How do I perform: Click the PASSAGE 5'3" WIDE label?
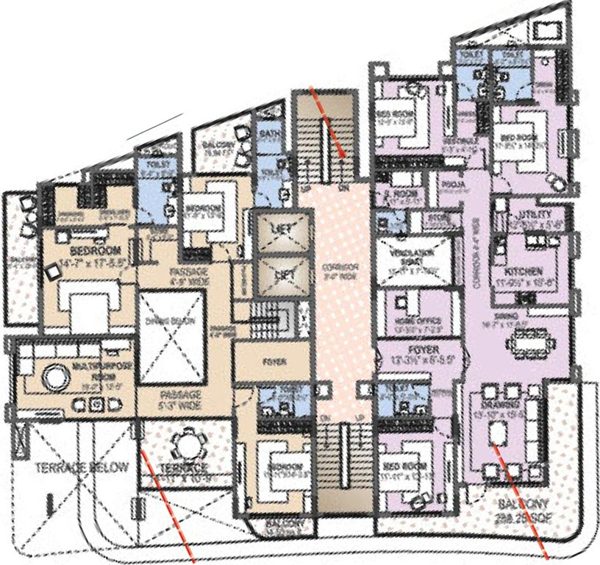[x=179, y=399]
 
